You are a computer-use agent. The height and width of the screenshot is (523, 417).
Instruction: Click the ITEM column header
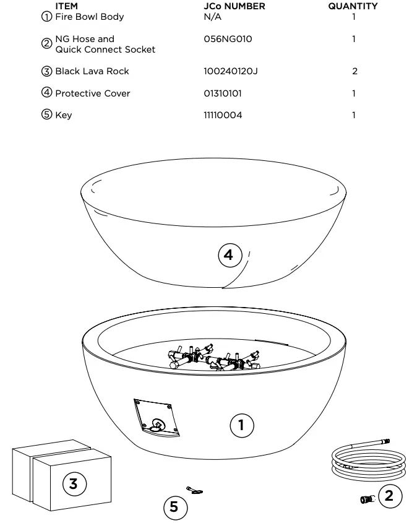[66, 6]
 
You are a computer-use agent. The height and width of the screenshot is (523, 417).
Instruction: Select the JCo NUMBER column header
[234, 6]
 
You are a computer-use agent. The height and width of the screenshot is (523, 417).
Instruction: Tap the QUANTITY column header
[353, 6]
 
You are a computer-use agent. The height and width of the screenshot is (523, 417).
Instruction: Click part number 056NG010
[228, 39]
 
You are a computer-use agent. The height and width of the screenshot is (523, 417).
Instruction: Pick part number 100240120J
[230, 71]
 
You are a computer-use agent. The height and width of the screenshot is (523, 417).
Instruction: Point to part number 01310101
[223, 93]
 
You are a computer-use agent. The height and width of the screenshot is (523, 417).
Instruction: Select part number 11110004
[223, 115]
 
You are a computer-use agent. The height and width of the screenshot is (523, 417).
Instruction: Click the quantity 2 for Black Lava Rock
[355, 71]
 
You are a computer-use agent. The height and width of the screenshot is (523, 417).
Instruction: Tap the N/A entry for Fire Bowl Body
[212, 17]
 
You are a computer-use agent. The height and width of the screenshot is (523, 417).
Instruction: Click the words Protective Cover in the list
[92, 93]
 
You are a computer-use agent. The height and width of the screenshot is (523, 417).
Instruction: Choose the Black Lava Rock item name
[92, 71]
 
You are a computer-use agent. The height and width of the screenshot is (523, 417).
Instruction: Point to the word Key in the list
[63, 115]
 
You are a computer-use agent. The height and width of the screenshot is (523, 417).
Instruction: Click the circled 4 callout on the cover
[229, 255]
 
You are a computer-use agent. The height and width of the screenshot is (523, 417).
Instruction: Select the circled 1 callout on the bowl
[241, 425]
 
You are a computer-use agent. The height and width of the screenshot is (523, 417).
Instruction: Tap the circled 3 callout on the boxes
[73, 483]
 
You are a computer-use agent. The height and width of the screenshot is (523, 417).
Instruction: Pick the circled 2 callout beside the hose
[389, 496]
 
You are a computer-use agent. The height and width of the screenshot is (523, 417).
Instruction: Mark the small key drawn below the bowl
[196, 491]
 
